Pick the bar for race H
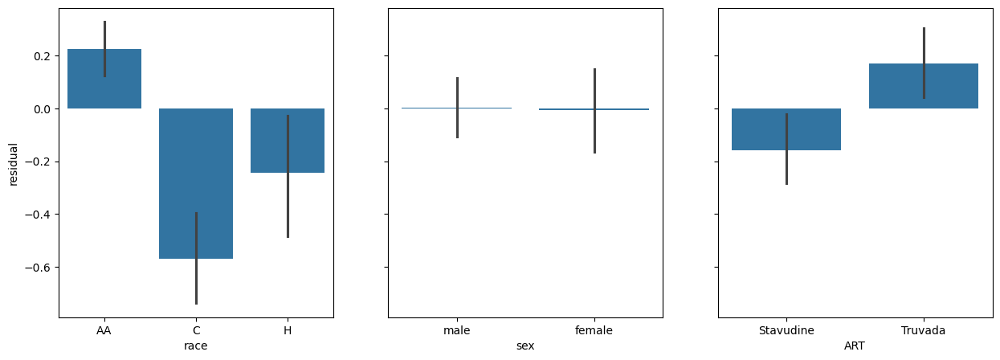click(287, 141)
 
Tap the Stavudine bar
click(786, 129)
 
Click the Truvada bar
click(924, 86)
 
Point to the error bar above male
click(457, 108)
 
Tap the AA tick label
click(104, 330)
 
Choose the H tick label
click(287, 330)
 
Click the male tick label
click(457, 330)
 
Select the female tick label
click(594, 330)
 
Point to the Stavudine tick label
click(786, 330)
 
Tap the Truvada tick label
click(924, 330)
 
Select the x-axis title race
click(195, 346)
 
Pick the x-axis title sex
click(525, 346)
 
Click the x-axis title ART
click(855, 346)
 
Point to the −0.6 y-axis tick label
click(38, 268)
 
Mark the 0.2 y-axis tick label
click(42, 56)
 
